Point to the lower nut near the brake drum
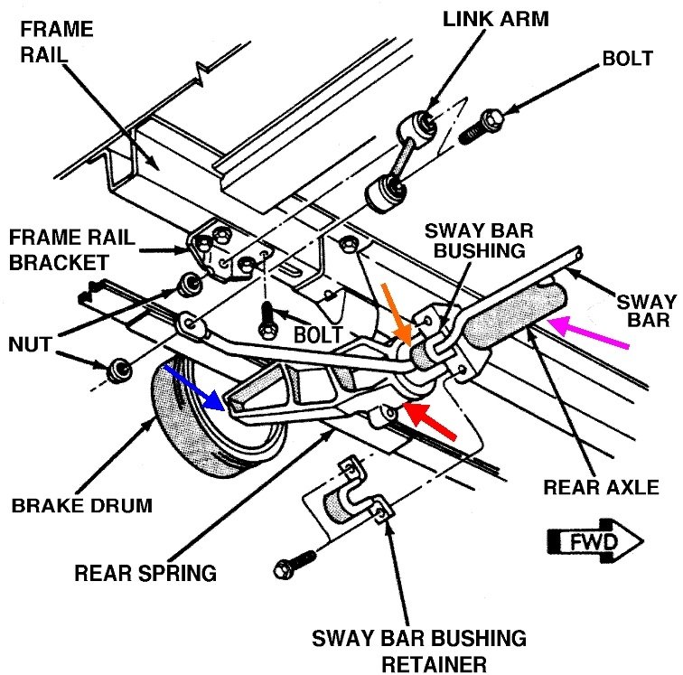click(x=117, y=371)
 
